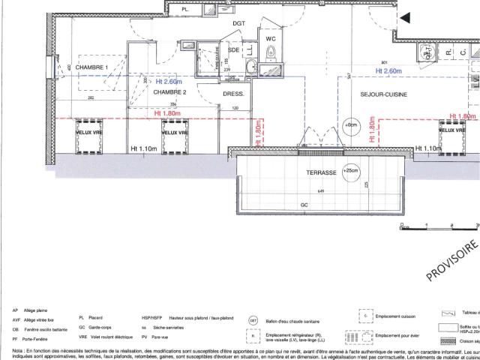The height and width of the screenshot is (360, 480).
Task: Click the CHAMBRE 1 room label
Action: pos(93,67)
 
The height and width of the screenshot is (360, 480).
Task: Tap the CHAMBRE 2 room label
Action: pos(169,92)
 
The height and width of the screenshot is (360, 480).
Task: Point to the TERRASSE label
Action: pos(321,172)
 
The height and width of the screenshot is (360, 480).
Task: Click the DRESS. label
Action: pos(234,94)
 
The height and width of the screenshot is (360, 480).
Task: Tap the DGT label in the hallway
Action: pos(238,23)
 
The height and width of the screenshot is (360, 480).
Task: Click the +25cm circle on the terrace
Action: pos(350,171)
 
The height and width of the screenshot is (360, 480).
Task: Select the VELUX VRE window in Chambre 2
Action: pos(174,132)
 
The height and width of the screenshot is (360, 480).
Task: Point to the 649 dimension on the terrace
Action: pos(321,192)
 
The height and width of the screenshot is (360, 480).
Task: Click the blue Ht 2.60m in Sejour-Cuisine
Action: pos(389,70)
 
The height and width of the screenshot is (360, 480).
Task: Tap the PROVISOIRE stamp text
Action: pos(452,260)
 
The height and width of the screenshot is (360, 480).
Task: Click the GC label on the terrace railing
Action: pos(304,204)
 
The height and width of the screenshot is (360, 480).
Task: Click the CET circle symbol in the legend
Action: pos(253,320)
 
